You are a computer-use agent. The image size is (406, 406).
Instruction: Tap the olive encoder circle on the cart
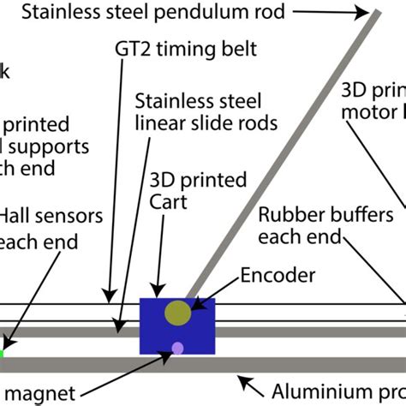tap(179, 313)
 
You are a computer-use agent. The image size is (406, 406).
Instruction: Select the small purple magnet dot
tap(177, 348)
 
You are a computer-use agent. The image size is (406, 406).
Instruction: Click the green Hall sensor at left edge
tap(2, 351)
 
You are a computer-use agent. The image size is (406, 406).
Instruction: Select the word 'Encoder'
tap(278, 276)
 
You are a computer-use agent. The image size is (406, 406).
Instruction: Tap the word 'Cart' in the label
tap(170, 202)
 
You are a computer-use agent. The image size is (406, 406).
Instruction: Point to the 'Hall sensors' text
tap(51, 214)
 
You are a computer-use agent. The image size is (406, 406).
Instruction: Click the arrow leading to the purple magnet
tap(128, 369)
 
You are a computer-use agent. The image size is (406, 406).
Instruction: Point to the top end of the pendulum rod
tap(377, 10)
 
